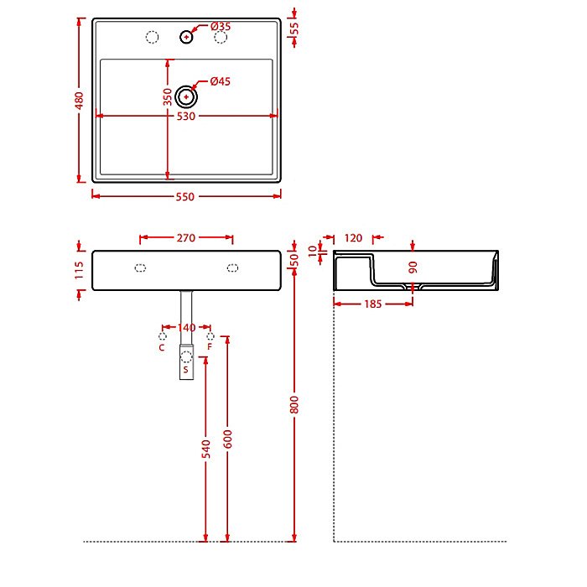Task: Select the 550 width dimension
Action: [185, 197]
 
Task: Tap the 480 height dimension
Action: [81, 99]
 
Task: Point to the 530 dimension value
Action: [185, 117]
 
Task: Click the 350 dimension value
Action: [168, 97]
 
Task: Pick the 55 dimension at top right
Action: [293, 28]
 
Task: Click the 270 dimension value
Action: [186, 238]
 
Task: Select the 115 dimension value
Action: [80, 269]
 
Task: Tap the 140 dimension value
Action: [186, 328]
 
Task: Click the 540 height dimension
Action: [206, 450]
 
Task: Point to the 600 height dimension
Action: [227, 438]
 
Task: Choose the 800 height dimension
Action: [294, 404]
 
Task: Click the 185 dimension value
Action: [373, 304]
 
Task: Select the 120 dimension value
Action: [353, 238]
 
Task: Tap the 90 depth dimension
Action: [413, 267]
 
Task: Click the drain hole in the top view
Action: [185, 96]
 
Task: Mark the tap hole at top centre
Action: [186, 37]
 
